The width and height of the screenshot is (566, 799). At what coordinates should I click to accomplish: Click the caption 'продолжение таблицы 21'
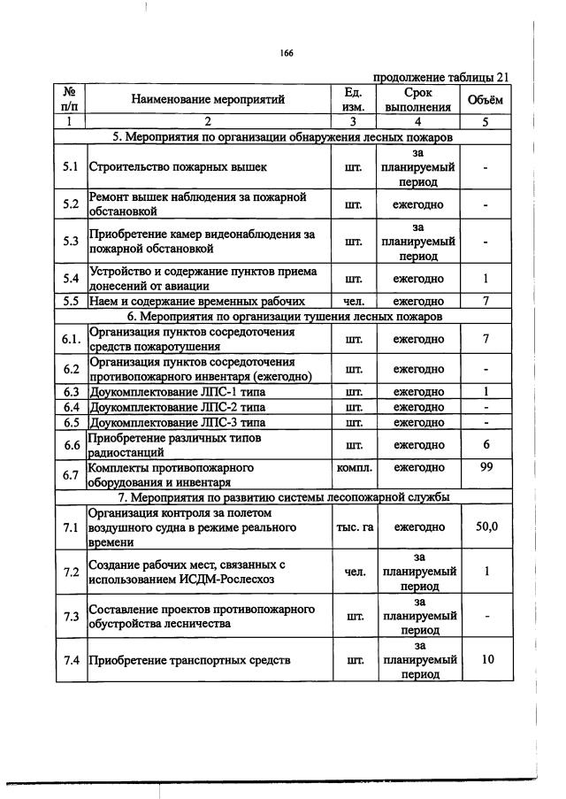pyautogui.click(x=440, y=77)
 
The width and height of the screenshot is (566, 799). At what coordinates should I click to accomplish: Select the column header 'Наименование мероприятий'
pyautogui.click(x=208, y=100)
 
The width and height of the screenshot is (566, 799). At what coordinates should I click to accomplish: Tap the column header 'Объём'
pyautogui.click(x=486, y=100)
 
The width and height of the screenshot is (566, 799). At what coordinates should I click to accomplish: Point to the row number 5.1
pyautogui.click(x=71, y=166)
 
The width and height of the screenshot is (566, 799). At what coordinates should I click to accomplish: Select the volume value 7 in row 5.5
pyautogui.click(x=486, y=301)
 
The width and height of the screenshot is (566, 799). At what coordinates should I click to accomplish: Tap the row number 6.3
pyautogui.click(x=71, y=392)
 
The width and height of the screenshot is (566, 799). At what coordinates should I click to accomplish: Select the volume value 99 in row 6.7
pyautogui.click(x=486, y=467)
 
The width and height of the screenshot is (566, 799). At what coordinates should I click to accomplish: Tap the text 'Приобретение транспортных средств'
pyautogui.click(x=188, y=659)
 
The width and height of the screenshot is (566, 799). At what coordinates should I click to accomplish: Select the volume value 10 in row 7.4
pyautogui.click(x=486, y=659)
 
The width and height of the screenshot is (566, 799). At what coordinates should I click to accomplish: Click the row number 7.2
pyautogui.click(x=71, y=572)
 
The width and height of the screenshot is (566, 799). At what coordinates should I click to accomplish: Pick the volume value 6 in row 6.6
pyautogui.click(x=486, y=444)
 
